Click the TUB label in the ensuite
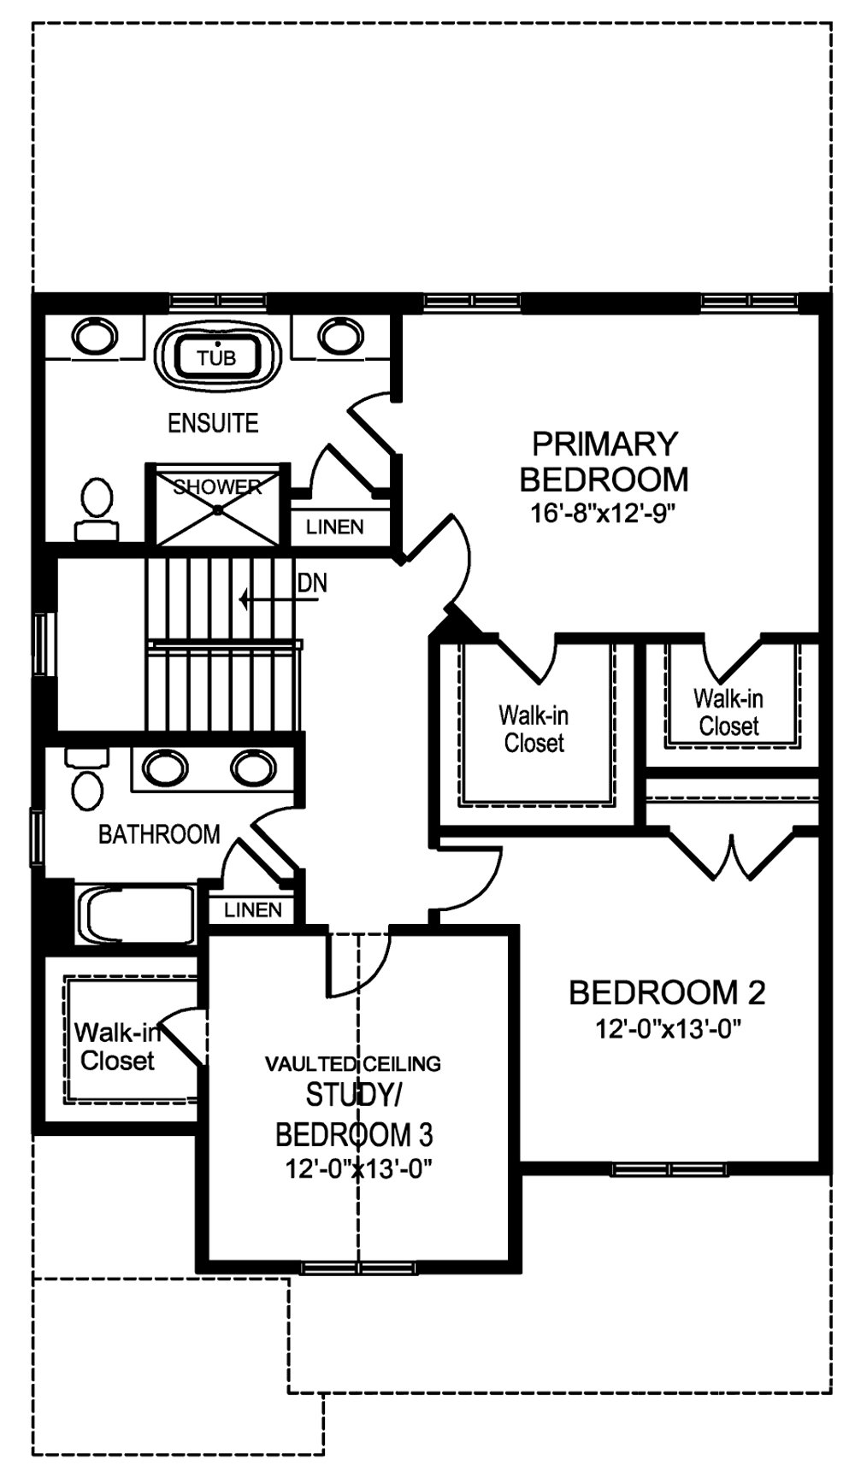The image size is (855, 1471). click(x=216, y=358)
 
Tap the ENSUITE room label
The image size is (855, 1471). click(x=213, y=423)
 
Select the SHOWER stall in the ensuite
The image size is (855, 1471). click(x=218, y=505)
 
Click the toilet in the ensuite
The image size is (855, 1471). click(x=97, y=509)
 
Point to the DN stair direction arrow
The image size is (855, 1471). click(x=280, y=599)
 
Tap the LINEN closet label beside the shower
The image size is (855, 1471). click(x=335, y=527)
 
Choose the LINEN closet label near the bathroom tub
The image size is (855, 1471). click(x=253, y=910)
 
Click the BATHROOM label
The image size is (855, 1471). click(x=159, y=834)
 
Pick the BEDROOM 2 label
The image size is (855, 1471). click(x=667, y=992)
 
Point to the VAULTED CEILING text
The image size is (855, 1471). click(x=353, y=1064)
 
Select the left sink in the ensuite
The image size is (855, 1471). click(x=95, y=336)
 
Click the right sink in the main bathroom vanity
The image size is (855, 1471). click(x=253, y=768)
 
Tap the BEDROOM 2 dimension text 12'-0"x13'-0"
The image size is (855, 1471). click(x=668, y=1029)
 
